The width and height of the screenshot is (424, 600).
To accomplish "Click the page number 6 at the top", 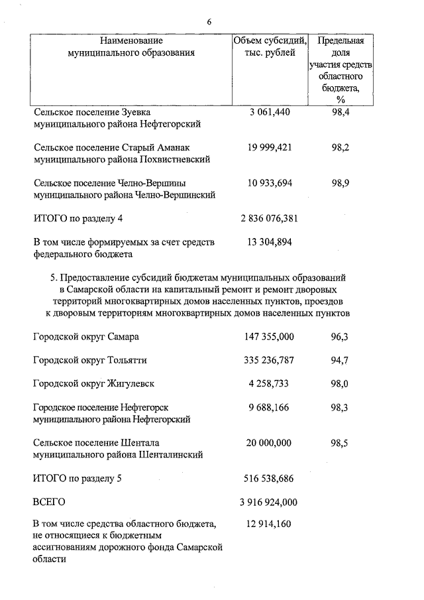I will [209, 22].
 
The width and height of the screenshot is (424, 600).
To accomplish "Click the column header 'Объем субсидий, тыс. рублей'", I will [270, 47].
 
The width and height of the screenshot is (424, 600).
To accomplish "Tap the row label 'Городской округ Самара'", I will [86, 337].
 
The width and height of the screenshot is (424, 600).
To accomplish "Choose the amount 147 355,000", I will [269, 337].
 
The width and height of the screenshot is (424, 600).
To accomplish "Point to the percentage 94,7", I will [339, 361].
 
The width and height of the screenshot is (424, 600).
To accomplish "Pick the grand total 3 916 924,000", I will [269, 502].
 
